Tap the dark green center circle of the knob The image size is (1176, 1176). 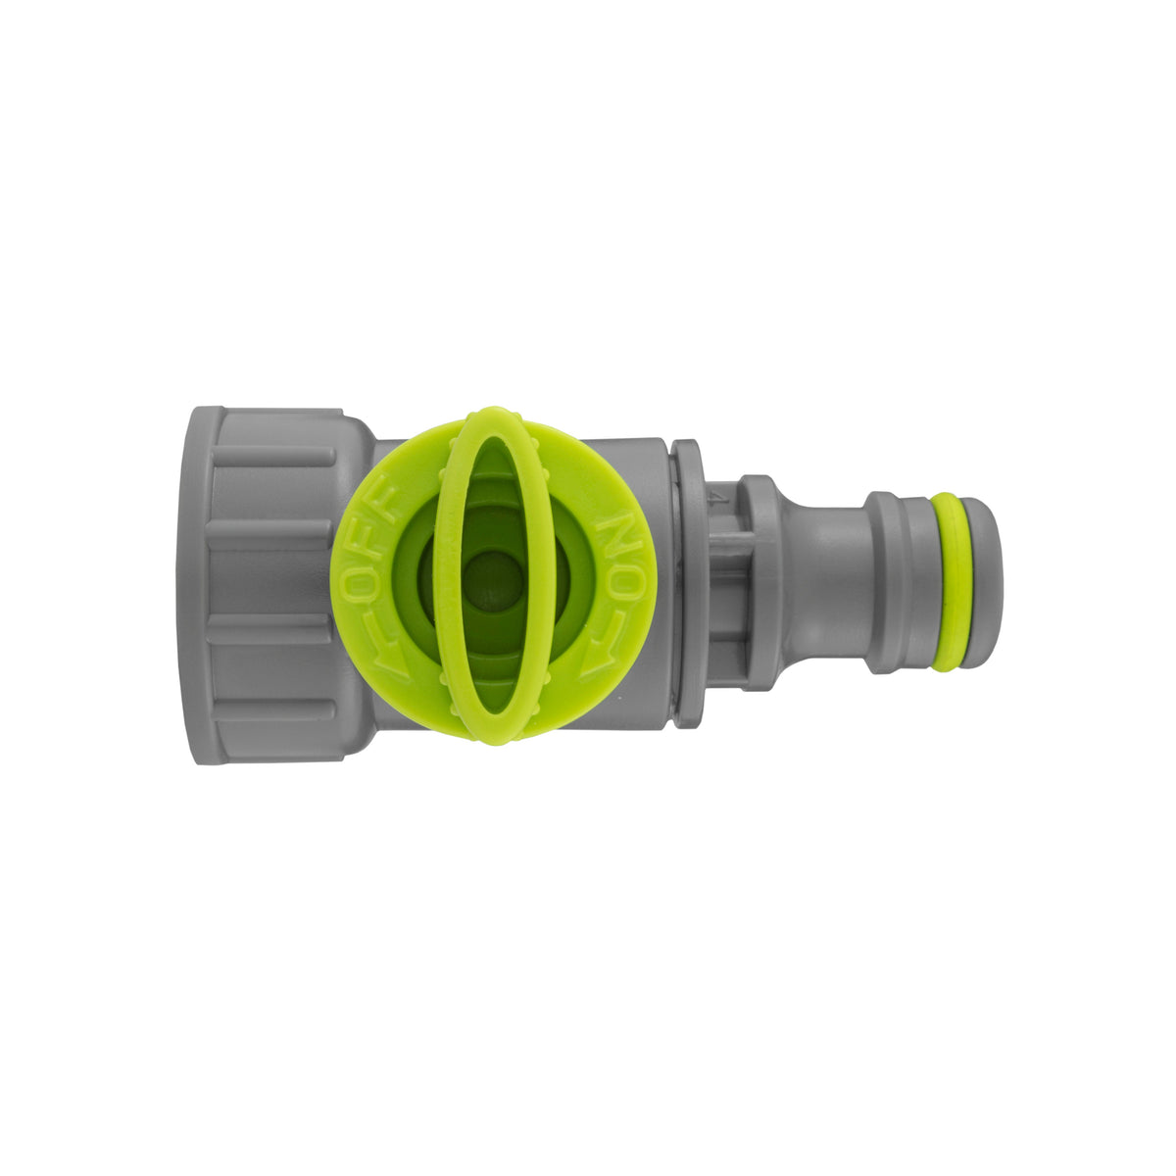click(491, 577)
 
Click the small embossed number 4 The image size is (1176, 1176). click(722, 497)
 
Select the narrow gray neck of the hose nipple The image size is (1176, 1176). click(830, 583)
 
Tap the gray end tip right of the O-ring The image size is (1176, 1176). click(981, 582)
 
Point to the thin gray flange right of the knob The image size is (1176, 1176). click(688, 583)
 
